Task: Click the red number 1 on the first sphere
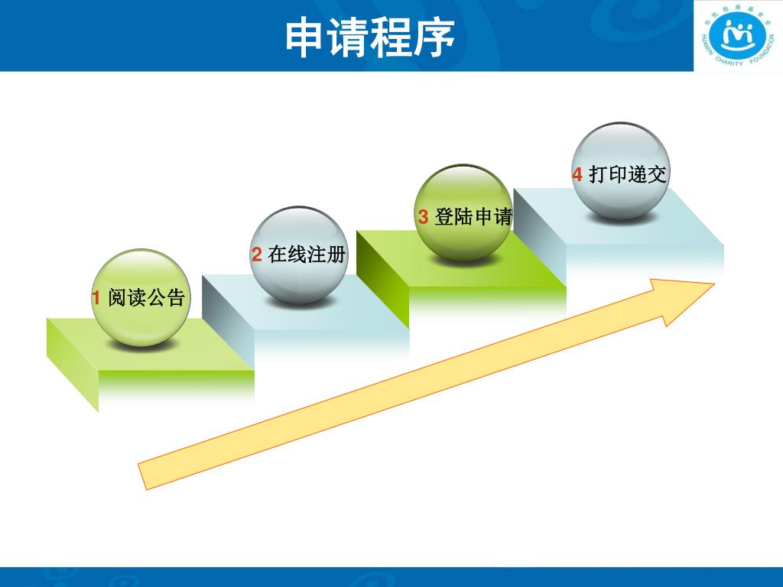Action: [x=96, y=298]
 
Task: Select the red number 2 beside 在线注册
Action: [x=257, y=255]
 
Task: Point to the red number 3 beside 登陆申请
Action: [x=423, y=217]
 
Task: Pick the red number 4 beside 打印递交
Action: [x=577, y=174]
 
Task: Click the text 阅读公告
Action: [x=147, y=298]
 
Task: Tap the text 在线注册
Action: [x=307, y=255]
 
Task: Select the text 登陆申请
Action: [x=473, y=217]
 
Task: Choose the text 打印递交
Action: [x=628, y=174]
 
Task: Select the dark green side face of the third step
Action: [x=382, y=271]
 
